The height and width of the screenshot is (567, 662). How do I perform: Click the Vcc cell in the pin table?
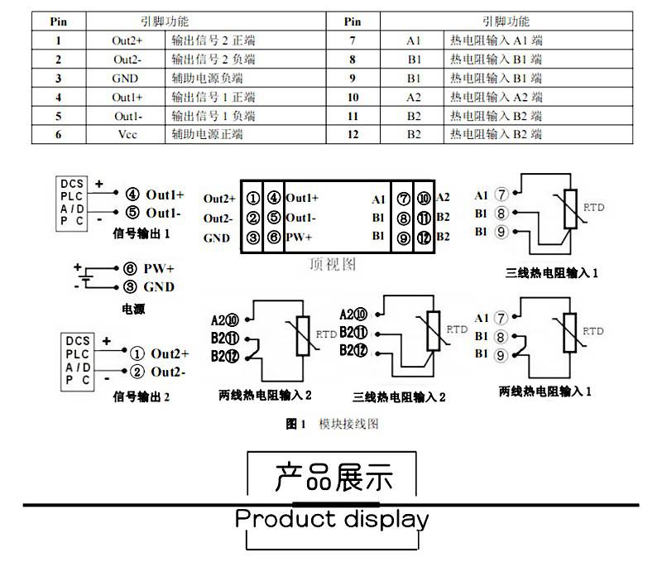click(127, 134)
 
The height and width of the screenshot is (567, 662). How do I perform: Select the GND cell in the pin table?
click(127, 79)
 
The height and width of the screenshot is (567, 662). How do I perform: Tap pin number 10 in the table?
click(353, 98)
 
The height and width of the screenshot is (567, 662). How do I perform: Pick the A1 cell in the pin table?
click(414, 41)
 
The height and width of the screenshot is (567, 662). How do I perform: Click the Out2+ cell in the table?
click(127, 41)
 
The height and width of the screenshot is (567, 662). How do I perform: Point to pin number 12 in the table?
click(353, 134)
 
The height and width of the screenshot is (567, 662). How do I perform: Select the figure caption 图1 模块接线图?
click(332, 424)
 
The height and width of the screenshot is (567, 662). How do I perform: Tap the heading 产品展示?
click(333, 478)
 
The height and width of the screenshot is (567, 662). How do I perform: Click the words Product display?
click(332, 520)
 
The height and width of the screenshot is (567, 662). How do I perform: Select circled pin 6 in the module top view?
click(274, 238)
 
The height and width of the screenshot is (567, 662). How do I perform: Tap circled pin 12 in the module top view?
click(423, 238)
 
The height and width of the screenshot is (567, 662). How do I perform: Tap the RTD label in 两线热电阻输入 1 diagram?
click(593, 331)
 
